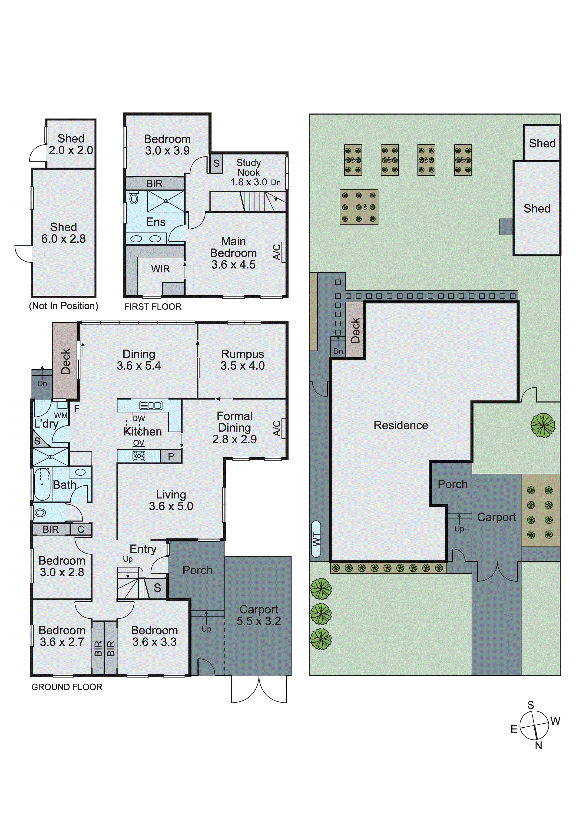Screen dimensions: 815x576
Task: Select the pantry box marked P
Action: pos(171,456)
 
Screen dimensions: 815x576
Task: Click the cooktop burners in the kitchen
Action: pos(139,456)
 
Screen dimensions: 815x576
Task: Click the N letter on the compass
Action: pos(538,746)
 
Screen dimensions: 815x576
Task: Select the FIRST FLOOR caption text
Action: pos(153,307)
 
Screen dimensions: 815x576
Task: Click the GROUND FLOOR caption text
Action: pos(67,687)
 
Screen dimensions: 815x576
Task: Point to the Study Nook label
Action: pos(248,168)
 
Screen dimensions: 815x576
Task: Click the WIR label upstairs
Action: pos(161,269)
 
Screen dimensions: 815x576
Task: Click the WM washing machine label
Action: pos(61,415)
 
